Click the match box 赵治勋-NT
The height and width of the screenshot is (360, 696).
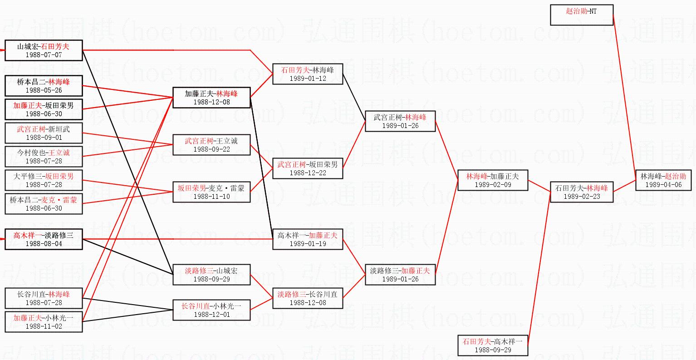(581, 15)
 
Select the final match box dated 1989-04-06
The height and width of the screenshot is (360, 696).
(663, 180)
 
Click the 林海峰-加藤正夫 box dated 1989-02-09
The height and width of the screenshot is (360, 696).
(492, 180)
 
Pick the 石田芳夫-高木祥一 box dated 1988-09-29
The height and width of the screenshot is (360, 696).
(492, 345)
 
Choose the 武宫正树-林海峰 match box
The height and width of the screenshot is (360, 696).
(400, 121)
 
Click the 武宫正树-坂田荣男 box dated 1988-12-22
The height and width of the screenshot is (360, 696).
(307, 168)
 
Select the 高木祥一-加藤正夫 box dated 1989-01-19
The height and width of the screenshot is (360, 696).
(307, 239)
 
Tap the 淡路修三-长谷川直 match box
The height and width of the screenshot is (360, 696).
(307, 298)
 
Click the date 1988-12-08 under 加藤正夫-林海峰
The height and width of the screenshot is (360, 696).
(211, 102)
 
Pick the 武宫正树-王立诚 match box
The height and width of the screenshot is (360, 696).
(211, 145)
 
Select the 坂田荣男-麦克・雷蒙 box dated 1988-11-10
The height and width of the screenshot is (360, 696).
(211, 192)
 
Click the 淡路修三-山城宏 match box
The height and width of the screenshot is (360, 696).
(211, 275)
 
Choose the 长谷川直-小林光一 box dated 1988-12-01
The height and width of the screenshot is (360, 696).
(211, 310)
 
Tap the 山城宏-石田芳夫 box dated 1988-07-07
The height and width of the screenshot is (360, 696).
(44, 50)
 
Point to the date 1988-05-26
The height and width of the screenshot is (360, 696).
(44, 90)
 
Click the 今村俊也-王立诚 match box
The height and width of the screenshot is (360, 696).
(44, 157)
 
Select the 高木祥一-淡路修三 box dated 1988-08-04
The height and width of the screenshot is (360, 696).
(44, 239)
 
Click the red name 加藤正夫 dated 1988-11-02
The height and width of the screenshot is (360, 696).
(27, 318)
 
